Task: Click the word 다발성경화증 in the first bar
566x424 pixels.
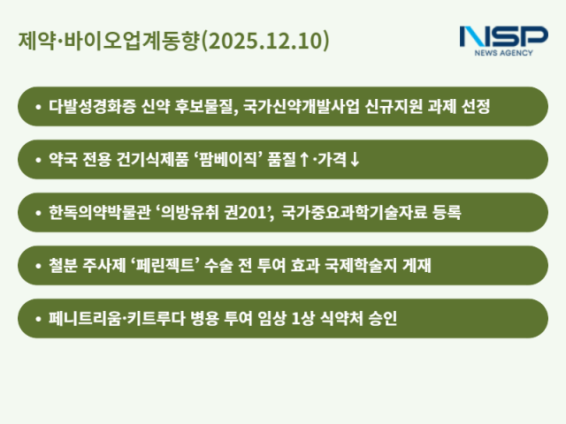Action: [x=88, y=107]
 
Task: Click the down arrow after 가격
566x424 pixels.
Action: [x=355, y=160]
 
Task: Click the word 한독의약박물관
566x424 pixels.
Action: [x=100, y=213]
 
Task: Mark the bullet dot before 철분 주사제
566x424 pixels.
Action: [x=38, y=266]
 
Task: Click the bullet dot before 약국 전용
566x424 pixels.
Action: [x=38, y=160]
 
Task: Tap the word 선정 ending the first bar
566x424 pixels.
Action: [x=473, y=107]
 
